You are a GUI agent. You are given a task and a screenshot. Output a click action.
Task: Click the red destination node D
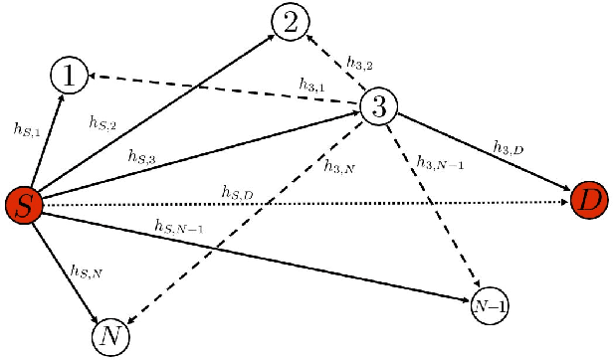point(589,202)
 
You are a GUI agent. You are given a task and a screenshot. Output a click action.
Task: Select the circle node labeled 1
point(69,76)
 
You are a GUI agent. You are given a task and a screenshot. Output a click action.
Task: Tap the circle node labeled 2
point(291,22)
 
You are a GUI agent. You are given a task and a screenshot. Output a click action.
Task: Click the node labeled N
point(110,337)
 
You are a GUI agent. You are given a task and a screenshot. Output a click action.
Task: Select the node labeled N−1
point(490,306)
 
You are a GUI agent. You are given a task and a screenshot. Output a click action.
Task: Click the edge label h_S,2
point(103,122)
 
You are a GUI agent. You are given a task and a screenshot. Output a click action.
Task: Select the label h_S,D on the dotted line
point(237,191)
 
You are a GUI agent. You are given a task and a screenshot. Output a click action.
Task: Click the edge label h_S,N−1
point(179,227)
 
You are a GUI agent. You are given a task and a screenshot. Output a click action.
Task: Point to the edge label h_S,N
point(86,270)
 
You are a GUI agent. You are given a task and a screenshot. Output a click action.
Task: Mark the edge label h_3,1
point(313,84)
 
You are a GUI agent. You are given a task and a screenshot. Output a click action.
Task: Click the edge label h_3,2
point(360,64)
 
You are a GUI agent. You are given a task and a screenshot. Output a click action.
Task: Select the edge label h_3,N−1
point(441,162)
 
